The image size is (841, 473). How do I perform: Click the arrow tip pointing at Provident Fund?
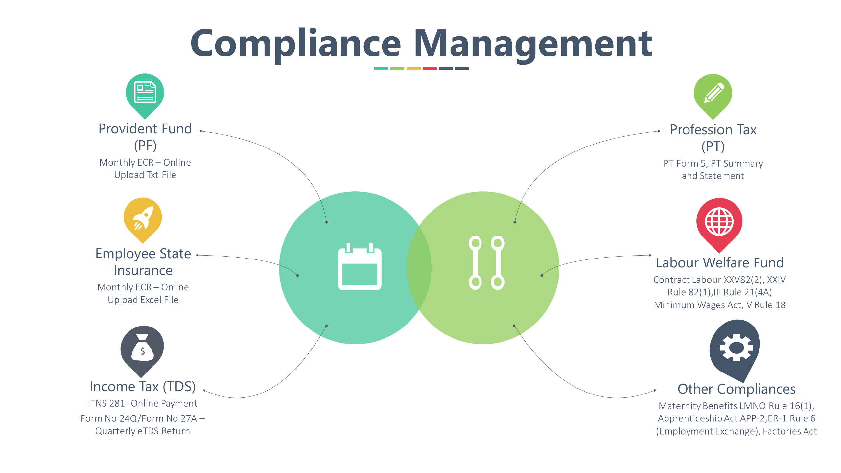coord(200,131)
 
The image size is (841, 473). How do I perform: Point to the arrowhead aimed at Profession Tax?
coord(660,131)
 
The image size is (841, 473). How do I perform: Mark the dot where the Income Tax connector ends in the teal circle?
coord(326,326)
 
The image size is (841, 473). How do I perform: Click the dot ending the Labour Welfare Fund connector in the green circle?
coord(542,275)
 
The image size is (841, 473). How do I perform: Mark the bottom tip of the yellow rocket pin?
coord(143,243)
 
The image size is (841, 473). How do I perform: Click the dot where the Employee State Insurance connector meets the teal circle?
coord(298,275)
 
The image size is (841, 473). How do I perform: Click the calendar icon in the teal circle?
coord(360,266)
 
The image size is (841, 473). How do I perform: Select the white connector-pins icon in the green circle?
coord(486,263)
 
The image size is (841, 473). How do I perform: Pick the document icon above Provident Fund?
coord(145,92)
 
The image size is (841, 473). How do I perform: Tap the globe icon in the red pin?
coord(719,222)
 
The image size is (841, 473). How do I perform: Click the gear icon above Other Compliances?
coord(736,348)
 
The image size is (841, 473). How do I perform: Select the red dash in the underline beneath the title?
coord(430,69)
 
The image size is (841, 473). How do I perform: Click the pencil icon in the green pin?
coord(714,93)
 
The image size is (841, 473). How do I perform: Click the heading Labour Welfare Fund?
coord(720,263)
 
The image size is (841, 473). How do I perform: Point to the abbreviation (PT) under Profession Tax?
coord(713,146)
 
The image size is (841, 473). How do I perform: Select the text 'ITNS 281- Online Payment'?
coord(143,403)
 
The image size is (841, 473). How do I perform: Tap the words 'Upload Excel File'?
coord(143,300)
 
